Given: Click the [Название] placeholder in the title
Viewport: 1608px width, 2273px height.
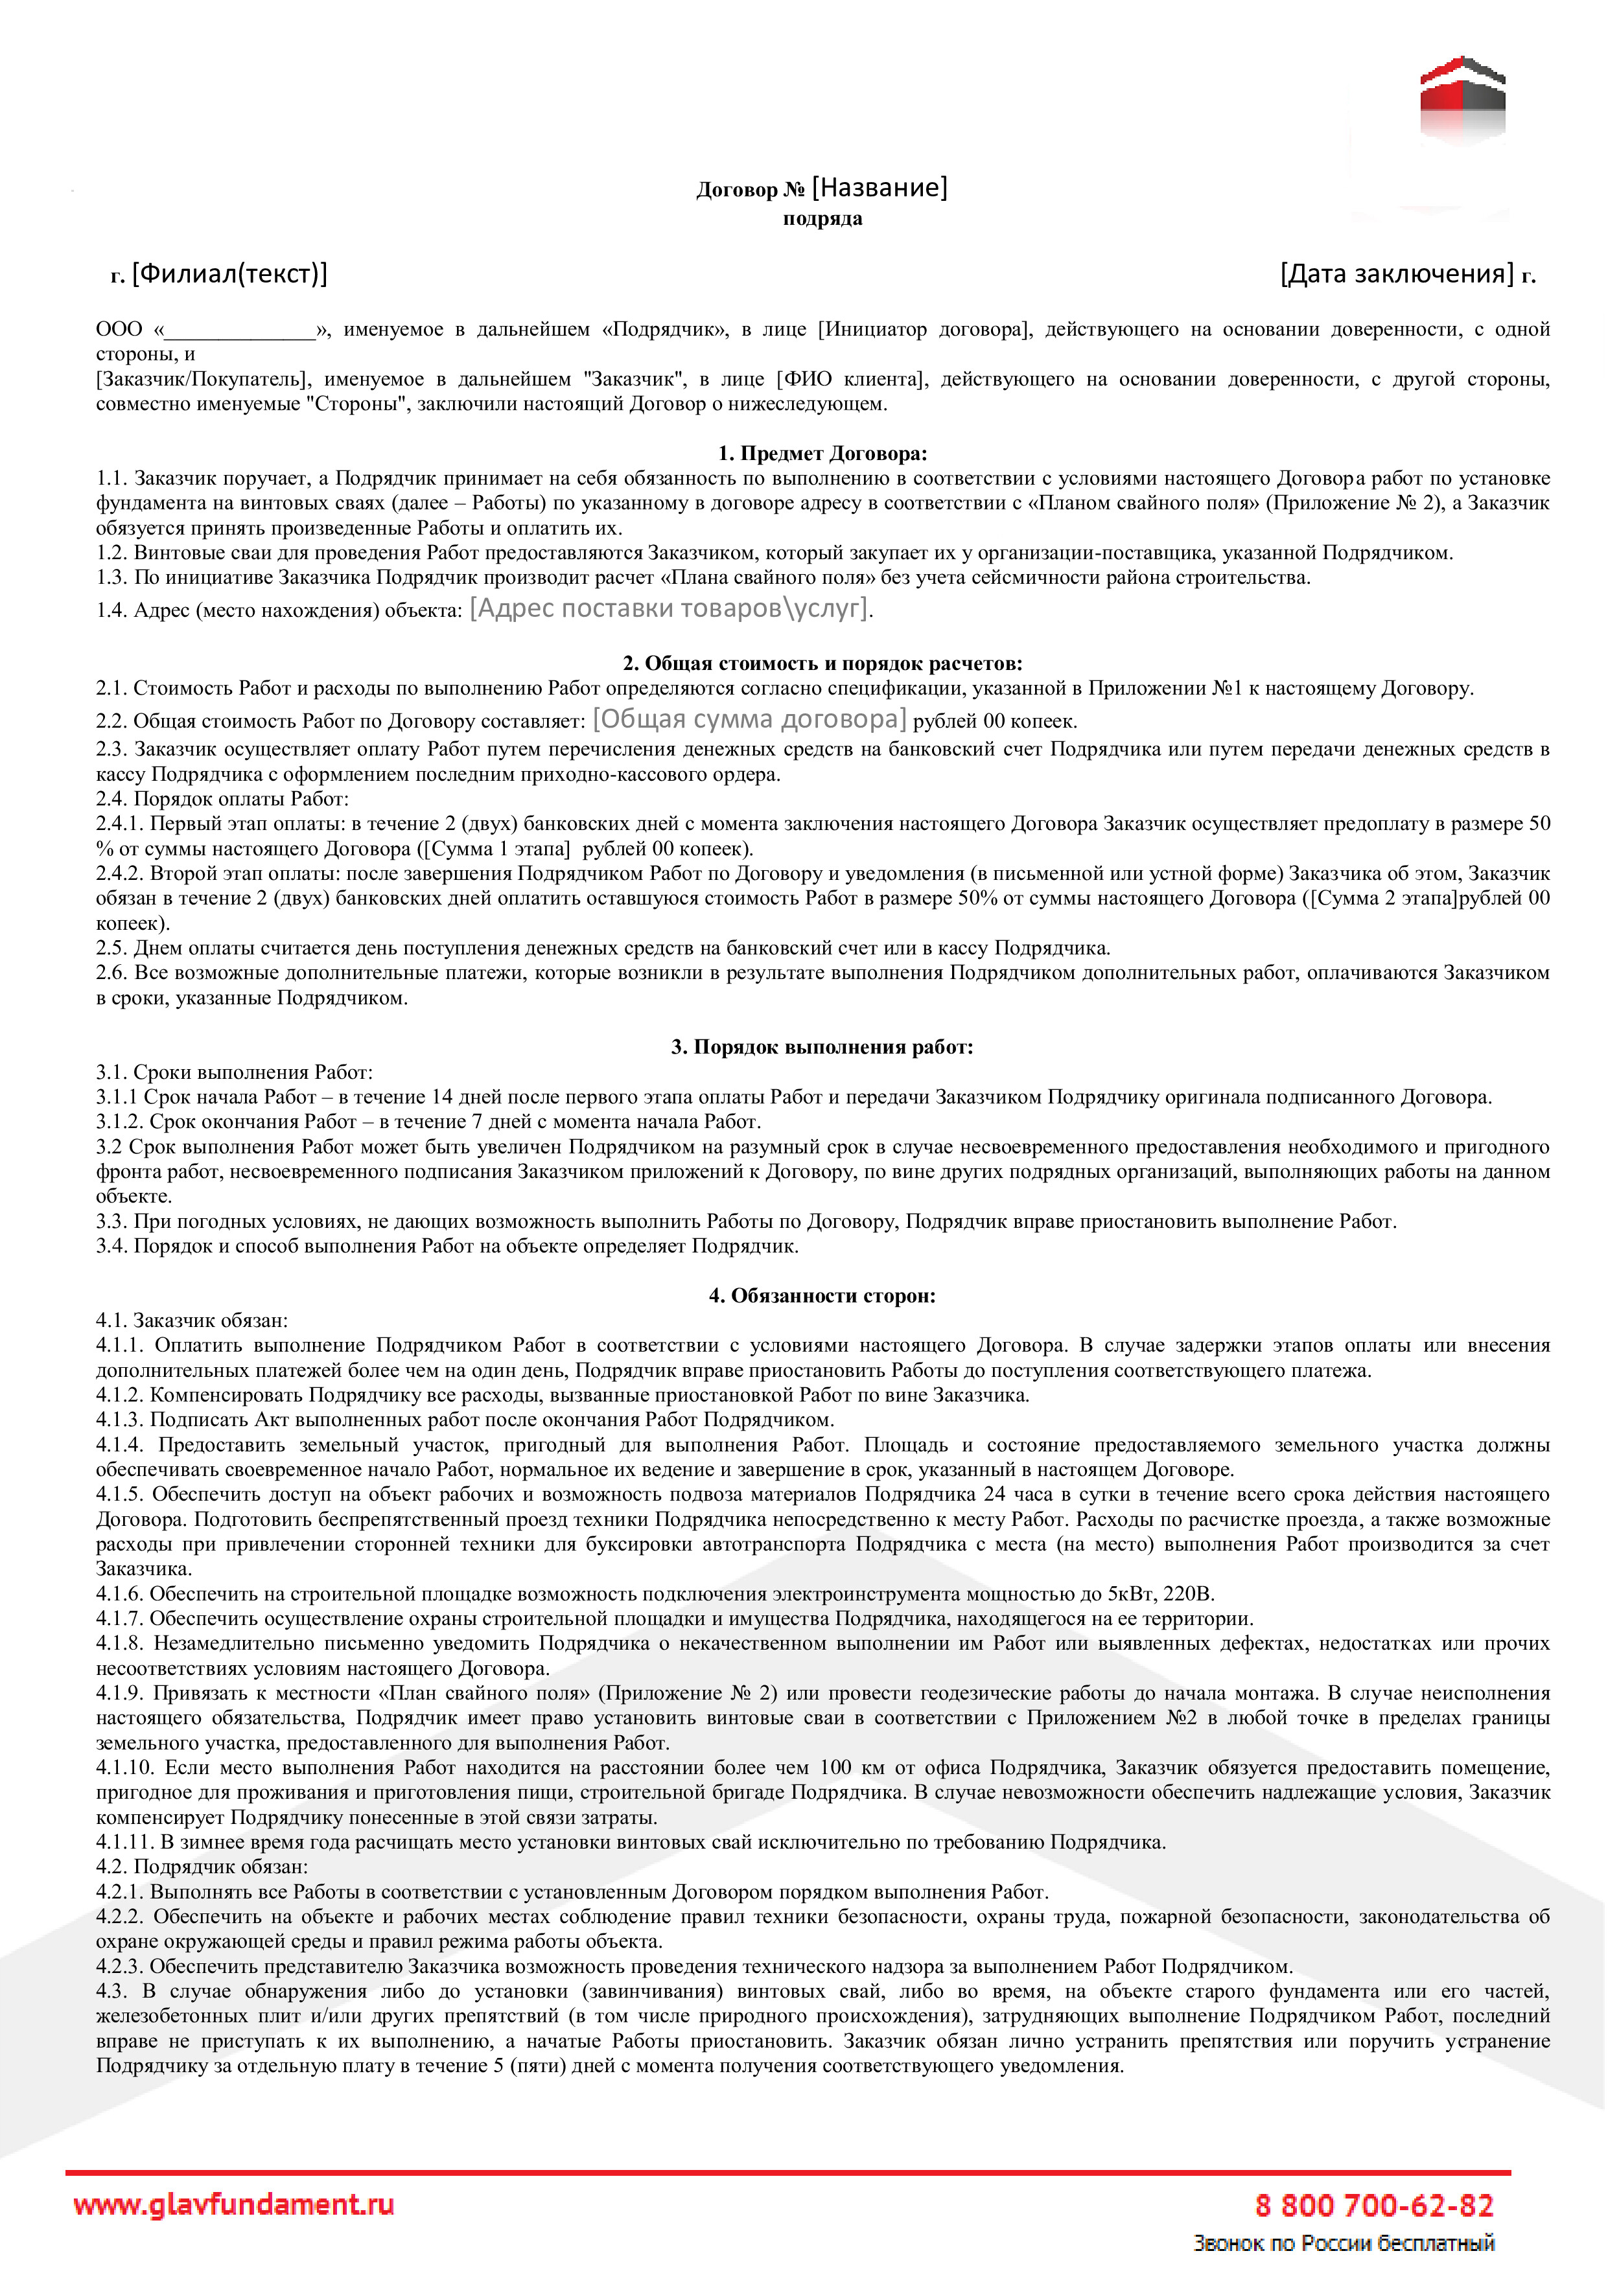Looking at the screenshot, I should (x=880, y=187).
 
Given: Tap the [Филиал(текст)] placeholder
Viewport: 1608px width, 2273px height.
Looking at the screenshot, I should (x=229, y=273).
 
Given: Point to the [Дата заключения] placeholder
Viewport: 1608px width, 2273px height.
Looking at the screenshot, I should (x=1396, y=273).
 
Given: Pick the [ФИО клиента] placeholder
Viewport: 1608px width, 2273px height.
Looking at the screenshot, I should (x=852, y=379).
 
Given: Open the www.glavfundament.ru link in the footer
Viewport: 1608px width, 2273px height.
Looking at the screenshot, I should (x=234, y=2205).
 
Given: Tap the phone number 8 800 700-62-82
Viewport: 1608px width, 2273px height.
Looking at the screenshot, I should (x=1373, y=2206).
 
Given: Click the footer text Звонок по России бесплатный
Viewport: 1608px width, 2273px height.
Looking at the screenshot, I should (x=1344, y=2243).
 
